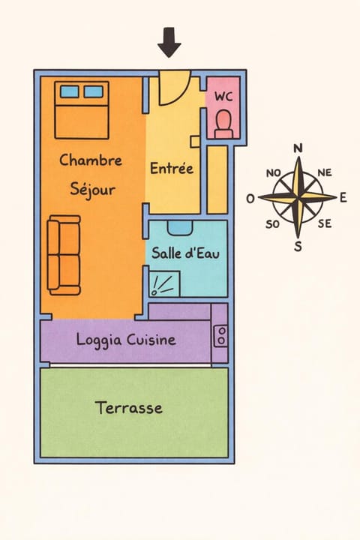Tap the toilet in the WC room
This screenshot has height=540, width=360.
[223, 124]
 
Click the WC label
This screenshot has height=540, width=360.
[223, 97]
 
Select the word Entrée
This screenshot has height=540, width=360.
[172, 168]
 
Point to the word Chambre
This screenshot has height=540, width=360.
[90, 160]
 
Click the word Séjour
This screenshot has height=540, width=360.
[93, 189]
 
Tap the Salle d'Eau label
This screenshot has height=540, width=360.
[185, 253]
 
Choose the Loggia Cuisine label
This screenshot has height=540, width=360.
[126, 340]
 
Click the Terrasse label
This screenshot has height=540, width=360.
[129, 408]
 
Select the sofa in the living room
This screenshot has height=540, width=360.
[64, 255]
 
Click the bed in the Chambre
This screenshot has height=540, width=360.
[82, 112]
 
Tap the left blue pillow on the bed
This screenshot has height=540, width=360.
[70, 92]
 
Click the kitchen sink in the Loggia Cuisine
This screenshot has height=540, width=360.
[221, 336]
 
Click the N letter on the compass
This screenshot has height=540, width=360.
[298, 148]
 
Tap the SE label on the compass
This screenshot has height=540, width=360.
[325, 223]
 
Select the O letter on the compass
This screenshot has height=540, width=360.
[250, 199]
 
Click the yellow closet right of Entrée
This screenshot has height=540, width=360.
[217, 178]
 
